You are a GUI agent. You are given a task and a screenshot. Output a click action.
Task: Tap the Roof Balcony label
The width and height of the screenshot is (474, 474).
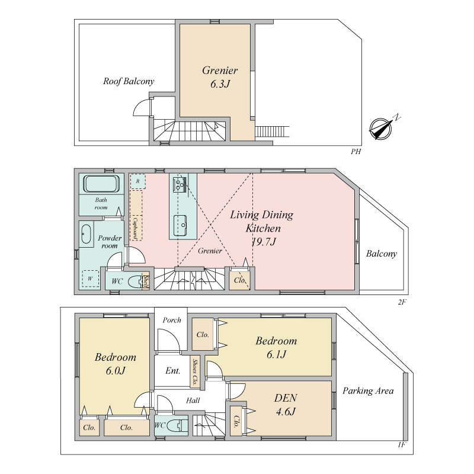129,81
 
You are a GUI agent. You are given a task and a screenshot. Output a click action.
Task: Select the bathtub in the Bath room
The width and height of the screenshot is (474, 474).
101,184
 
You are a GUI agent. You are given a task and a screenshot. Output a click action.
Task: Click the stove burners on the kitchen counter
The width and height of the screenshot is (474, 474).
180,184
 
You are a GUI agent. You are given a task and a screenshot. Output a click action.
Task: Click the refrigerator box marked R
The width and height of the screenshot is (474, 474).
138,181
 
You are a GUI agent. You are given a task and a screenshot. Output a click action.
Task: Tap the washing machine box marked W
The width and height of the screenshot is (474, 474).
91,278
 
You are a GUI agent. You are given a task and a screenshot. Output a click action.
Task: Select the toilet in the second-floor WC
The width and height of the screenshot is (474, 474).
135,282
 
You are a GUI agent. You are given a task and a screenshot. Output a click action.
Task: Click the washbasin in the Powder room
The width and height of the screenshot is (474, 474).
86,234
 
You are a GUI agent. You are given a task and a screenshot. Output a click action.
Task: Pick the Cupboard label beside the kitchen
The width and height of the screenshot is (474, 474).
136,229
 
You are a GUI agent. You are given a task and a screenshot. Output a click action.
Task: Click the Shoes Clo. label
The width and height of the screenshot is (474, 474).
195,371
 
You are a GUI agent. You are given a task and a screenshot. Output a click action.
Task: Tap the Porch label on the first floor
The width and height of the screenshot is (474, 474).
172,320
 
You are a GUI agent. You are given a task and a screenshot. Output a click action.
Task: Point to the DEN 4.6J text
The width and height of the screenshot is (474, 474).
286,405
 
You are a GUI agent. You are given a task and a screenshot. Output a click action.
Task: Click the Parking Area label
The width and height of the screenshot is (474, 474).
368,391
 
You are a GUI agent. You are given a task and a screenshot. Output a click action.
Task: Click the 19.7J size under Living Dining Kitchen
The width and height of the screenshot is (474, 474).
264,242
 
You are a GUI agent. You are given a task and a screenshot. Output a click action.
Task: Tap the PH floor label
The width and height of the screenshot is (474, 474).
356,152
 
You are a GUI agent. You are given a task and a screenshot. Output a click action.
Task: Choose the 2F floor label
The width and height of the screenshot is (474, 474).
402,302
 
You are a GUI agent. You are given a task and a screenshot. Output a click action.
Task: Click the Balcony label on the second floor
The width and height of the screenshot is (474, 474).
381,254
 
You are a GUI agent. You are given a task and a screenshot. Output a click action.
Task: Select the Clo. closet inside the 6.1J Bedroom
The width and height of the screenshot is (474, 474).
203,334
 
